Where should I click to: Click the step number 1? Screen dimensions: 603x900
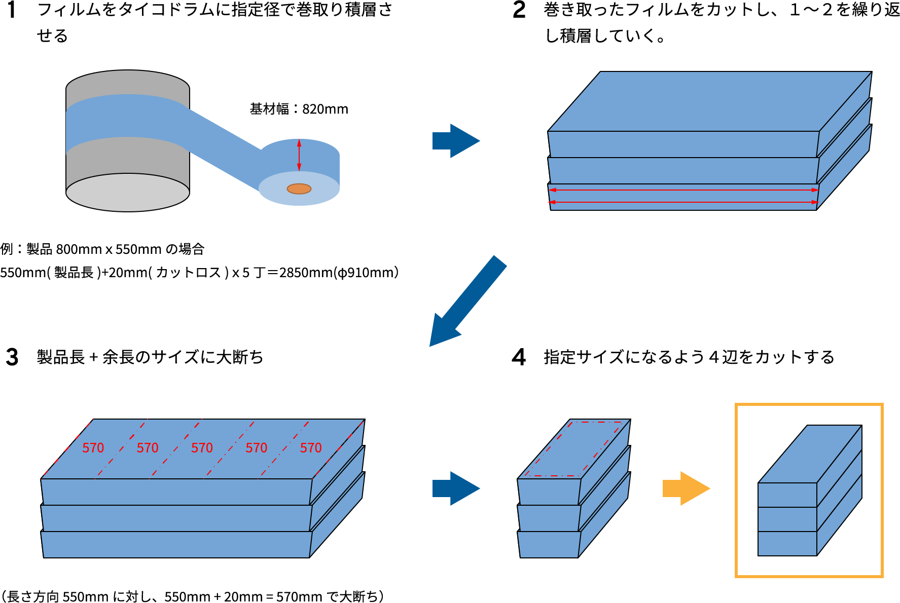tap(12, 10)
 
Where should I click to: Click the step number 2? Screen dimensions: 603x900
tap(519, 10)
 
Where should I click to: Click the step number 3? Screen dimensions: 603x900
tap(12, 357)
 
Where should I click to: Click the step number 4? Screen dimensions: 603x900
tap(519, 357)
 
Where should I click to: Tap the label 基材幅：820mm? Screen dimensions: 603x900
tap(299, 109)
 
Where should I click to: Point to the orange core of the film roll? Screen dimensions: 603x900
tap(299, 189)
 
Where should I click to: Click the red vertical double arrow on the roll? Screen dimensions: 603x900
tap(299, 155)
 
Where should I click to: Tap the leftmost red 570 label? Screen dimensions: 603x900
tap(93, 448)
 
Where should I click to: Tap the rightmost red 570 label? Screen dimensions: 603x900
tap(311, 448)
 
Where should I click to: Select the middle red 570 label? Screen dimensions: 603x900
tap(202, 448)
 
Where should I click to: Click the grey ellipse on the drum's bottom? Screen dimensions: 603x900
tap(128, 193)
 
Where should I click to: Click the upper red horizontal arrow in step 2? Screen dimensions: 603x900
tap(683, 190)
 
